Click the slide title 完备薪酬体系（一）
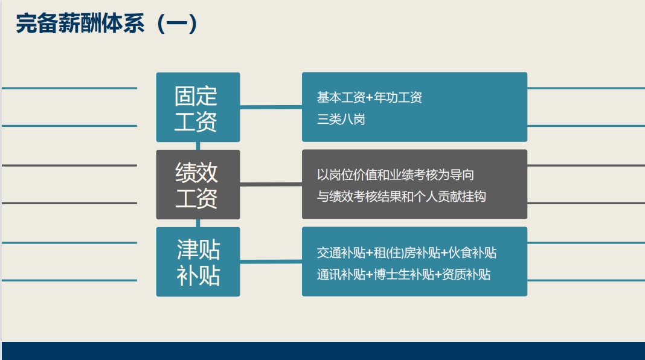pos(107,24)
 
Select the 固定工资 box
pos(198,107)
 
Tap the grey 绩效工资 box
pos(198,184)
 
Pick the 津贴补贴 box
pos(198,262)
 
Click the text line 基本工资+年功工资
pos(370,97)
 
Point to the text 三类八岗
pos(341,120)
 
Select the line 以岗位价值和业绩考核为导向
pos(396,175)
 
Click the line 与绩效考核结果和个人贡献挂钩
pos(401,197)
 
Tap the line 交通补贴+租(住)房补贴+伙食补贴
pos(406,252)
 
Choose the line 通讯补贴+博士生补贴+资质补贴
pos(403,274)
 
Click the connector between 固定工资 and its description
pos(271,107)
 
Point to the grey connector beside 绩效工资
pos(271,184)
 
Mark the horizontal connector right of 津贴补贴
pos(271,262)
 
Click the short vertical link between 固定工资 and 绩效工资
pos(198,146)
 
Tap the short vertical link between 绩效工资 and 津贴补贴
pos(198,223)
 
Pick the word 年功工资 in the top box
pos(398,97)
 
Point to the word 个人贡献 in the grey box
pos(438,197)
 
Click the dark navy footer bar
pos(323,351)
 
